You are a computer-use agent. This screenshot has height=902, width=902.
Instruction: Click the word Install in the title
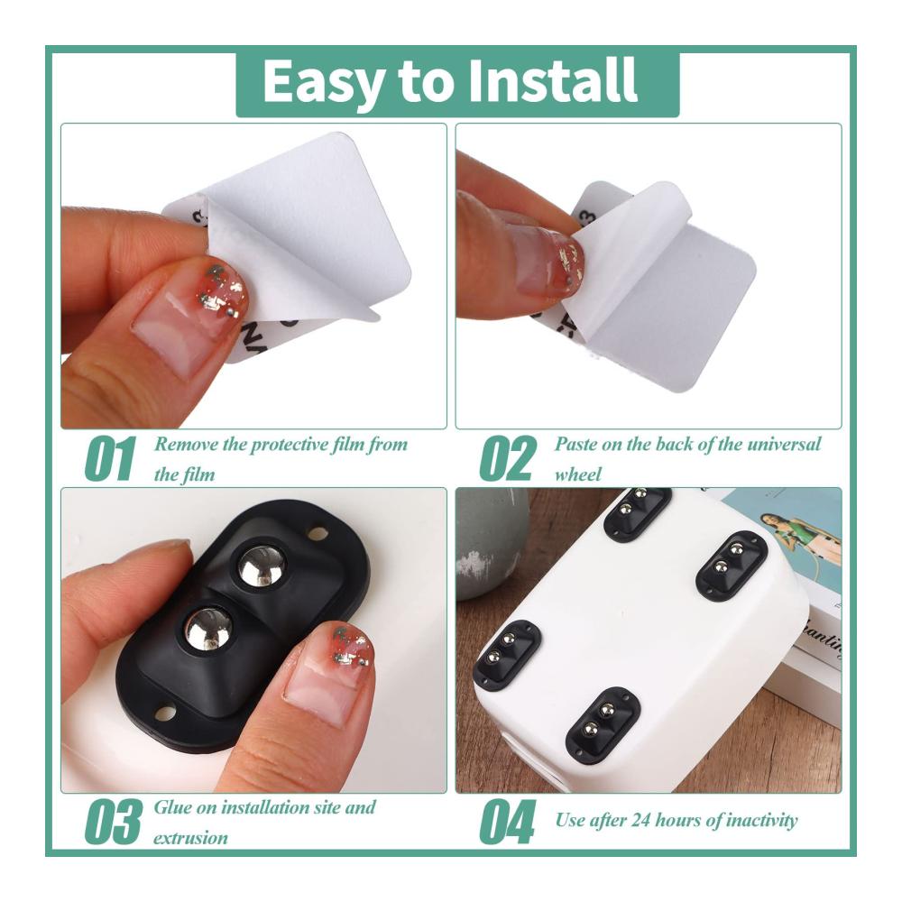click(x=552, y=80)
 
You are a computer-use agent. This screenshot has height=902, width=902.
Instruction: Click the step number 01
click(x=110, y=458)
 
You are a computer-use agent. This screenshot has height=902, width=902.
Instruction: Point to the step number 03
click(x=113, y=821)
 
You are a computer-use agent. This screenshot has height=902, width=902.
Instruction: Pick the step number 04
click(x=507, y=821)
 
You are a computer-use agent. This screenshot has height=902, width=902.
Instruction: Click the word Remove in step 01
click(x=186, y=444)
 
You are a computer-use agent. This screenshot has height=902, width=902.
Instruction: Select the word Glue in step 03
click(x=172, y=807)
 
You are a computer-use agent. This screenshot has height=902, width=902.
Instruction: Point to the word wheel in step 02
click(x=577, y=474)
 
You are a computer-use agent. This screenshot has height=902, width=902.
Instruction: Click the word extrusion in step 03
click(x=190, y=838)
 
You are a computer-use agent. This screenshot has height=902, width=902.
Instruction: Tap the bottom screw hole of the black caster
click(x=167, y=713)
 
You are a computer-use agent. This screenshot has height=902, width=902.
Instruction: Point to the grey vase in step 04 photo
click(x=490, y=547)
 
